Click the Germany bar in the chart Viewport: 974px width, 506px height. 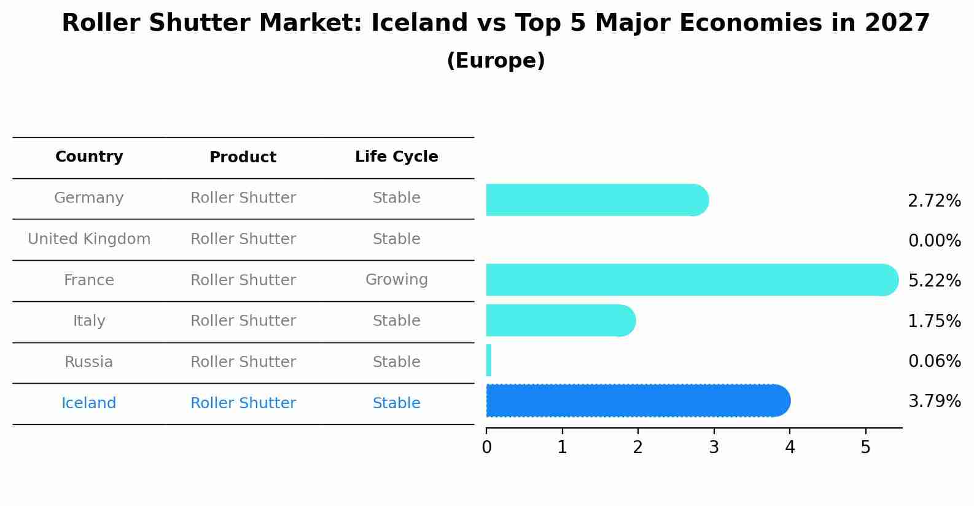click(x=598, y=200)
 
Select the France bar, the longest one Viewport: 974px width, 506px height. click(x=692, y=280)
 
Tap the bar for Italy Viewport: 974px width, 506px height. click(x=561, y=320)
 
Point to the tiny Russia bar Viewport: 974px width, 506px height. click(x=489, y=360)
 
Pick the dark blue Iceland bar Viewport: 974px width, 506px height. click(x=638, y=401)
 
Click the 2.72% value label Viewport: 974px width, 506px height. click(x=935, y=201)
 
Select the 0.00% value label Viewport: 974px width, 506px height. click(x=935, y=240)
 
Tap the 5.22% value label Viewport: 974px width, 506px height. click(x=935, y=280)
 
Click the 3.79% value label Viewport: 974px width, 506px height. click(x=935, y=401)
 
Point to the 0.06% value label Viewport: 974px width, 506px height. click(x=935, y=361)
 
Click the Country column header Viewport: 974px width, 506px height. click(x=89, y=156)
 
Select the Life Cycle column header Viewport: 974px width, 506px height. click(x=397, y=156)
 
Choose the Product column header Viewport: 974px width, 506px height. click(x=243, y=157)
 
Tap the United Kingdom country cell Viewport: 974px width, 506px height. click(x=89, y=239)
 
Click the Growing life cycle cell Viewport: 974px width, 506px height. click(x=397, y=280)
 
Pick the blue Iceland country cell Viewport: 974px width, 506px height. click(x=88, y=403)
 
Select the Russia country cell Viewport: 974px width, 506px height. click(x=88, y=362)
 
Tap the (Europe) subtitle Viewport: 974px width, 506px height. click(x=496, y=60)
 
